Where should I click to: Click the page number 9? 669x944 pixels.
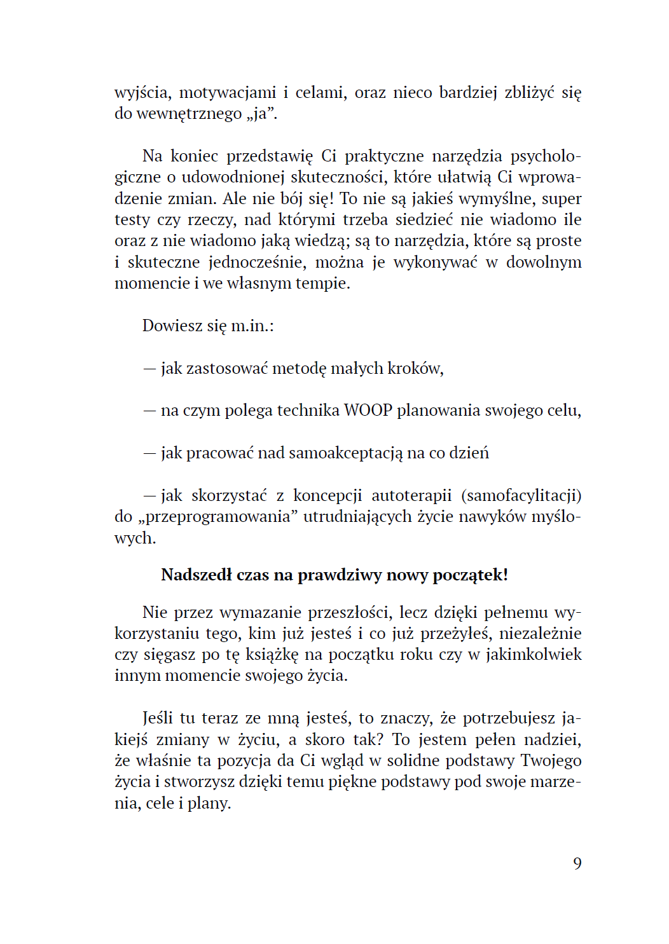click(577, 863)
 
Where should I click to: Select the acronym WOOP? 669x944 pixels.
click(368, 410)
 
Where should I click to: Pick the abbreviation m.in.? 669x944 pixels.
click(252, 325)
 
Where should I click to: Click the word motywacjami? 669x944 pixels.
click(228, 92)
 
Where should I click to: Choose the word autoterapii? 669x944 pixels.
click(411, 495)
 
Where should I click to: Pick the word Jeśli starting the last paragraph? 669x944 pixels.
click(157, 718)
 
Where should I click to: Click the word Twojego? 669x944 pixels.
click(551, 760)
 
